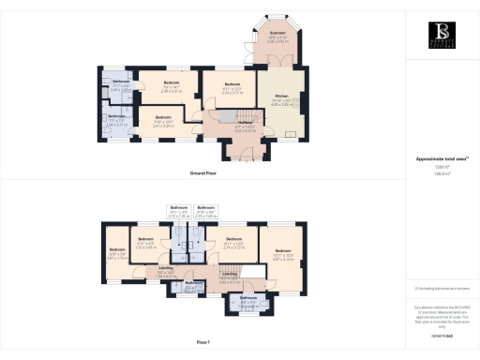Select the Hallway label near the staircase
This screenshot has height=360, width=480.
(219, 127)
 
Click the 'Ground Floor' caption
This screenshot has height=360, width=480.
(203, 174)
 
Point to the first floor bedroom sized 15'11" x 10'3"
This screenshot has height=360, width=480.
(282, 256)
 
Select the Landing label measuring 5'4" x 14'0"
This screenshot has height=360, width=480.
(165, 273)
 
